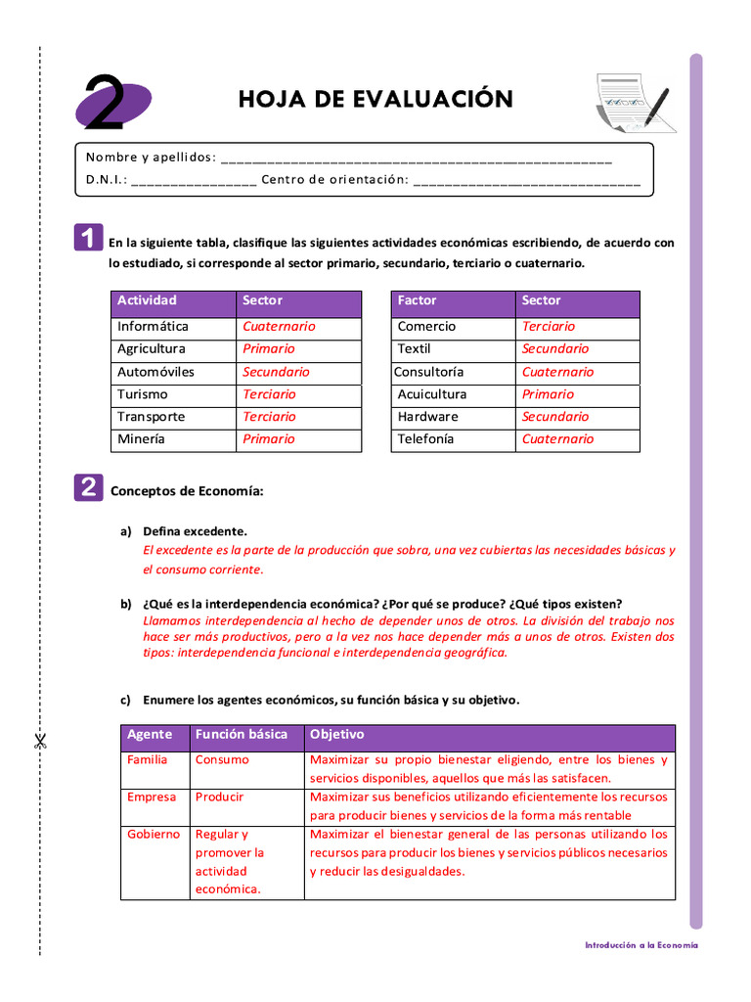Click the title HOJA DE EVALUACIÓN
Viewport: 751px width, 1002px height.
(375, 99)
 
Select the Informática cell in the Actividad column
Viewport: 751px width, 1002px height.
(154, 327)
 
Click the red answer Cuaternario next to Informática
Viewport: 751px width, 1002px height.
(279, 327)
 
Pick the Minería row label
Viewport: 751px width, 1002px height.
(142, 439)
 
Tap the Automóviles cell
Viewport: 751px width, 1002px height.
(156, 372)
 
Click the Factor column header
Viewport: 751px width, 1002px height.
(418, 300)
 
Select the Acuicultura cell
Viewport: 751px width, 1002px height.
(432, 394)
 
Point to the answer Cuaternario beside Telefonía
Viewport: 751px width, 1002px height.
(557, 439)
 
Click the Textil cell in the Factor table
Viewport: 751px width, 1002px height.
(415, 349)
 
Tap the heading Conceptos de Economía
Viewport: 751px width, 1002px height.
(187, 491)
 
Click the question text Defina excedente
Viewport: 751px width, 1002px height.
(195, 530)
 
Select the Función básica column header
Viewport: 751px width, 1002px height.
(242, 734)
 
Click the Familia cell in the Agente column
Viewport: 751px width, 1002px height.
(148, 759)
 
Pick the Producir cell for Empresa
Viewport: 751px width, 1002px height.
(220, 797)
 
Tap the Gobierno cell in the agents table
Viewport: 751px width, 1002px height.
(154, 835)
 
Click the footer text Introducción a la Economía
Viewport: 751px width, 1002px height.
(641, 945)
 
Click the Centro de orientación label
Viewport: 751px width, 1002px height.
(334, 180)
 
